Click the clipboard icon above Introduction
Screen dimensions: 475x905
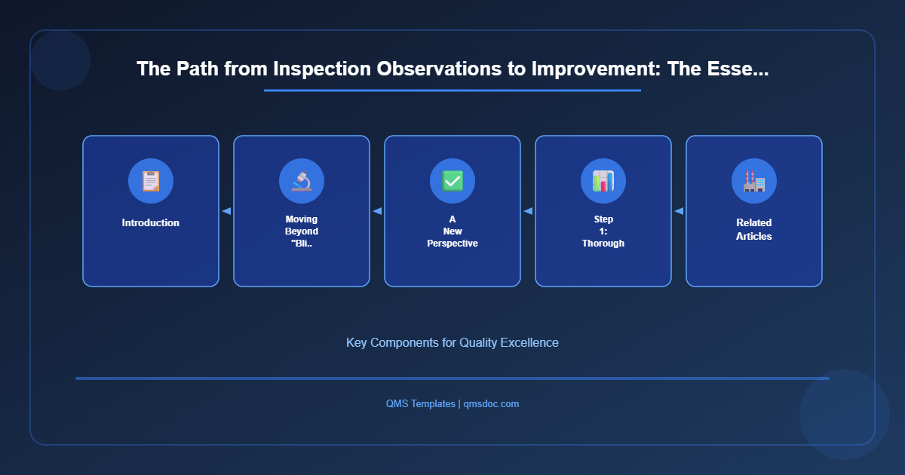coord(151,181)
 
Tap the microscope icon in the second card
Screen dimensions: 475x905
coord(302,181)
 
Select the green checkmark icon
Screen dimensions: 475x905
coord(452,181)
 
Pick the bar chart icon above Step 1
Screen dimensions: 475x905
coord(603,181)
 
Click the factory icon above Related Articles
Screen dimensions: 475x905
coord(754,181)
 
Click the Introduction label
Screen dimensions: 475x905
coord(151,223)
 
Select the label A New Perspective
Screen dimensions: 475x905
coord(452,231)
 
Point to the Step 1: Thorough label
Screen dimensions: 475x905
coord(603,231)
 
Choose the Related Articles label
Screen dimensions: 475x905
coord(754,229)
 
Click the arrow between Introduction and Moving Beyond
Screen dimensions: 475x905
coord(226,211)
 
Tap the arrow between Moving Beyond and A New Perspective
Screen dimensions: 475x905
coord(377,211)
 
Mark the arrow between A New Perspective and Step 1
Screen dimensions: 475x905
coord(528,211)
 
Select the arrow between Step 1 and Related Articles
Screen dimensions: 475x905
coord(679,211)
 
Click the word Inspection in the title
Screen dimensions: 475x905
coord(318,69)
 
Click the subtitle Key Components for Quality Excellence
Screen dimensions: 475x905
coord(452,342)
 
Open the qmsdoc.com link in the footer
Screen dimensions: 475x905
coord(491,404)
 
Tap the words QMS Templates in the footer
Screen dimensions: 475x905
coord(420,404)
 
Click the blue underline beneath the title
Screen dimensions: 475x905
coord(452,90)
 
